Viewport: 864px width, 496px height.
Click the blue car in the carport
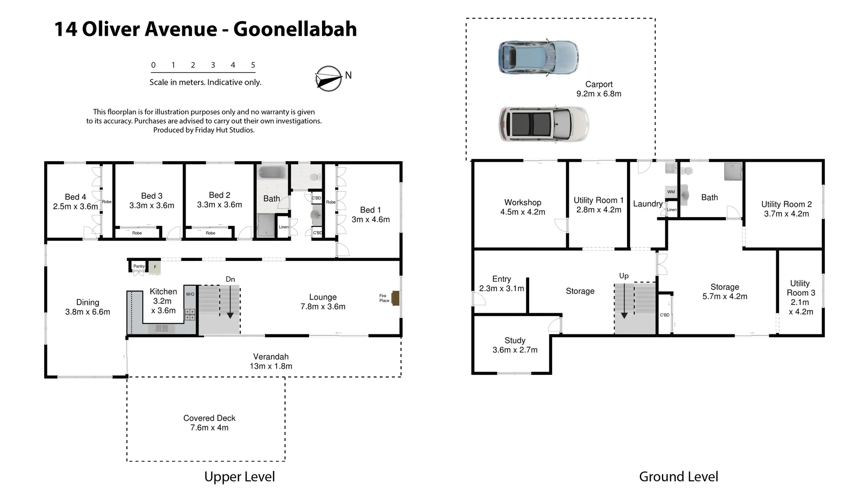click(538, 57)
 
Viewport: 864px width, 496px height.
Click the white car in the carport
click(544, 124)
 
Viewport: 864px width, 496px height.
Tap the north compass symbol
click(328, 78)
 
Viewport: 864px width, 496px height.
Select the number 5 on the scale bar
click(253, 65)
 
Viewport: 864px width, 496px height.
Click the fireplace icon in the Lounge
click(395, 298)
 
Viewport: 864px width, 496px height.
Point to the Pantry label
click(139, 266)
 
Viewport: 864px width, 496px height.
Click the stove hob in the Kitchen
click(190, 315)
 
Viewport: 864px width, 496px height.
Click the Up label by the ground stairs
click(624, 276)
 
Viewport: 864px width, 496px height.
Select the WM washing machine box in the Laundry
click(671, 192)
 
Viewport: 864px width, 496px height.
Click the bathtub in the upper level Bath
click(272, 173)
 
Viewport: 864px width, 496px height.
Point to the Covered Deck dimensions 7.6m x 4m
click(209, 428)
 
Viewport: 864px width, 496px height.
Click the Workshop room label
click(523, 203)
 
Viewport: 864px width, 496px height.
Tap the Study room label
click(514, 340)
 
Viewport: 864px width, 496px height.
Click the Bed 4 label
click(75, 197)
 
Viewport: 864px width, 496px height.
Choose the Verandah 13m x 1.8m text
click(271, 361)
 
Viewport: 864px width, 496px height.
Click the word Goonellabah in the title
click(295, 29)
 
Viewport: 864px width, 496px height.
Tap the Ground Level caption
click(678, 477)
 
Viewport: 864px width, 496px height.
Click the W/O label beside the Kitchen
click(190, 294)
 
